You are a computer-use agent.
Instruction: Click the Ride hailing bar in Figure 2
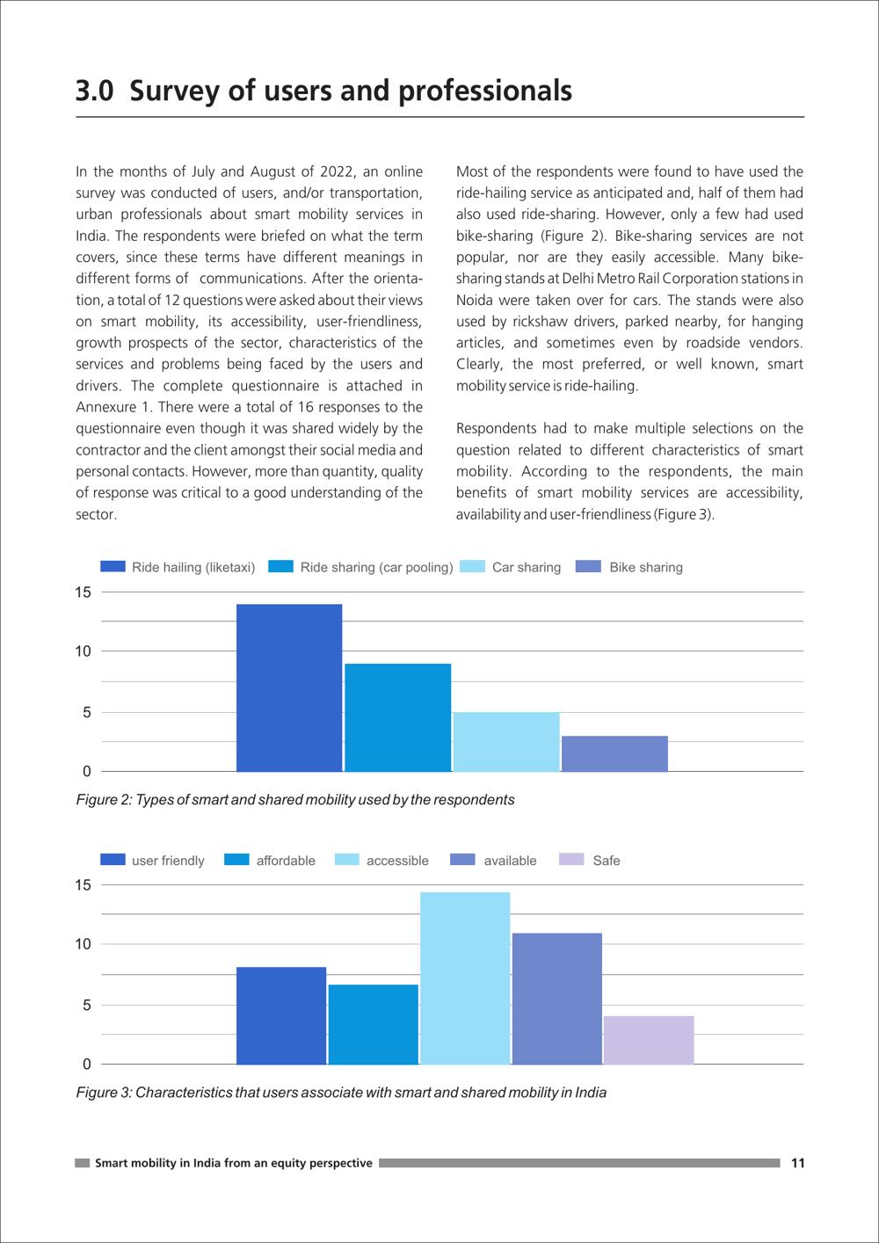pos(289,687)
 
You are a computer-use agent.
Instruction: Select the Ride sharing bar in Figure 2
pos(398,717)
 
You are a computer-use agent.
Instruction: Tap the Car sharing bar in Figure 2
pos(506,741)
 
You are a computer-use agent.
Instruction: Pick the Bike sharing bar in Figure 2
pos(614,753)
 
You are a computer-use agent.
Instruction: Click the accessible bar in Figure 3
pos(465,978)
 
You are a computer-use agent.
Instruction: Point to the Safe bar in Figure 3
pos(649,1040)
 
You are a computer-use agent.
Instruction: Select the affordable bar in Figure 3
pos(373,1024)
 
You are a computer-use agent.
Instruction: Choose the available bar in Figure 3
pos(557,999)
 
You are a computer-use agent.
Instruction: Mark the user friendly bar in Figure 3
pos(281,1015)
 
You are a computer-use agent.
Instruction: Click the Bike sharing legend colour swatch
pos(588,567)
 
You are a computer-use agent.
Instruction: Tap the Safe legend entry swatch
pos(571,859)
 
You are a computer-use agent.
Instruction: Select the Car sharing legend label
pos(527,567)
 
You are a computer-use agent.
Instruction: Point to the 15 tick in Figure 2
pos(83,592)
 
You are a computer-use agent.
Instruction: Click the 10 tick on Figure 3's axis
pos(83,944)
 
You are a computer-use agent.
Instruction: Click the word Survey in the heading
pos(174,91)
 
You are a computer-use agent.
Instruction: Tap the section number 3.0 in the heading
pos(94,91)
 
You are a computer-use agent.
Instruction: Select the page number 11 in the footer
pos(797,1163)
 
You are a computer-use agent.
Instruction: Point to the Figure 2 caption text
pos(295,800)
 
